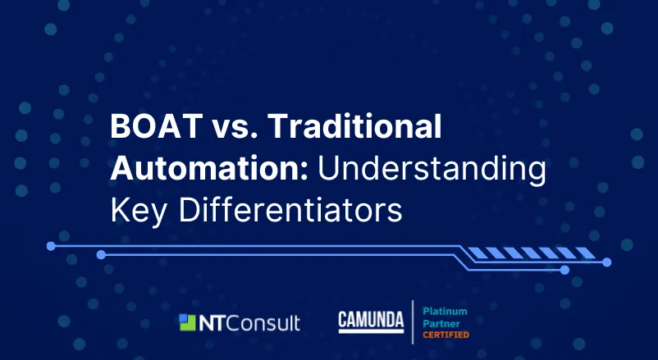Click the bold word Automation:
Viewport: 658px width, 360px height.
click(209, 168)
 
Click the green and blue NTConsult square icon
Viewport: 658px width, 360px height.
click(187, 322)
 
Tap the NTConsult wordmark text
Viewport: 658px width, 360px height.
click(249, 323)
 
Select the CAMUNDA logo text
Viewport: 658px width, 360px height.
click(371, 321)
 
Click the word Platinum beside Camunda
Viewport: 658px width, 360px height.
click(445, 312)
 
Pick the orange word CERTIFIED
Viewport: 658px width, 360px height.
click(446, 335)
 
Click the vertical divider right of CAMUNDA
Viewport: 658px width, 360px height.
click(413, 321)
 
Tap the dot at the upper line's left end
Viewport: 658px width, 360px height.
click(51, 246)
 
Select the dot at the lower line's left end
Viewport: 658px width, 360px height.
click(101, 255)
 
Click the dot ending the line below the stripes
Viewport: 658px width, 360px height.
click(606, 262)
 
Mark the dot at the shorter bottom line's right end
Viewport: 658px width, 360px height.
click(564, 270)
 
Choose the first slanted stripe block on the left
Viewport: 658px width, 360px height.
click(478, 253)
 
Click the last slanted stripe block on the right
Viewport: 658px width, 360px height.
click(585, 253)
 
